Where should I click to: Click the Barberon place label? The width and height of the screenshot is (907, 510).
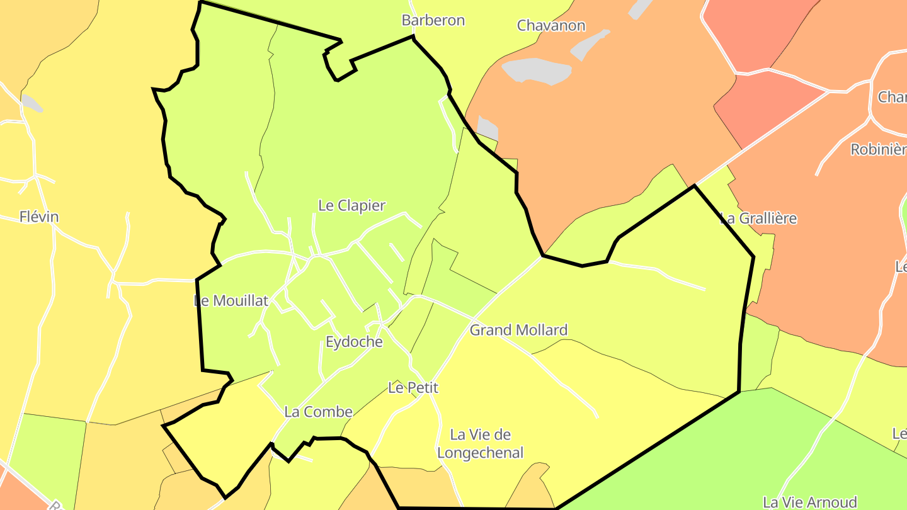coord(433,20)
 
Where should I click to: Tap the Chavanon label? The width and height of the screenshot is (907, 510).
coord(551,26)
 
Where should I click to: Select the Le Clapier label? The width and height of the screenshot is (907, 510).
coord(351,205)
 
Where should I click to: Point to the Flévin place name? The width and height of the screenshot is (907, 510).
coord(39,217)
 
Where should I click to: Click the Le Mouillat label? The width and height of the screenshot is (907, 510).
coord(232,300)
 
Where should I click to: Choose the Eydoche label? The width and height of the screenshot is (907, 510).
coord(354,342)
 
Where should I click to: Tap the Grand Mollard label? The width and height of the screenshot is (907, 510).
coord(518,330)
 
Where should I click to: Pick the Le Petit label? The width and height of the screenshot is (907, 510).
coord(413,388)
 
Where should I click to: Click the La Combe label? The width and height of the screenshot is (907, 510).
coord(318,412)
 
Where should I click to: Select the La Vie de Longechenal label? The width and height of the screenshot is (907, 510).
coord(480,443)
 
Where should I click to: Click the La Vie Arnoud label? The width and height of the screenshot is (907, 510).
coord(809,502)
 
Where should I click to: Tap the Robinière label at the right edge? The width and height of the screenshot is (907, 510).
coord(878,149)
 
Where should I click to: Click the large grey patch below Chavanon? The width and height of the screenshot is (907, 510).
coord(536,70)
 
